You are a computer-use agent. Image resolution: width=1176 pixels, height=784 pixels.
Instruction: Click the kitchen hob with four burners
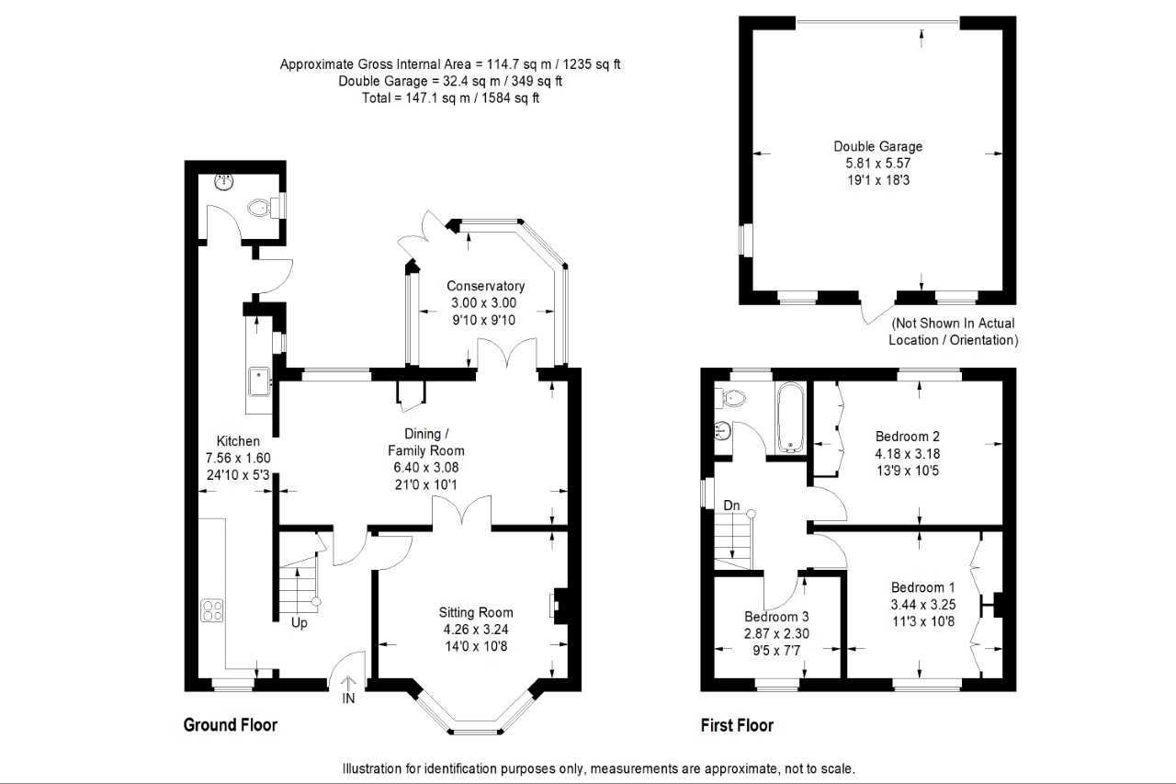tap(213, 611)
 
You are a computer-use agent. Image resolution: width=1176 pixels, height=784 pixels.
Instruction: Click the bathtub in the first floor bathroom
tap(791, 418)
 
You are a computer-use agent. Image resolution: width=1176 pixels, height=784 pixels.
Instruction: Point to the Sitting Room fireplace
tap(558, 606)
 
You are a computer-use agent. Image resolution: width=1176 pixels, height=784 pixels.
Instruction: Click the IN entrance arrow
tap(349, 690)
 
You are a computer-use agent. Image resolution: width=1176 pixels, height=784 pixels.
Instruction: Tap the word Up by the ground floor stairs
tap(300, 623)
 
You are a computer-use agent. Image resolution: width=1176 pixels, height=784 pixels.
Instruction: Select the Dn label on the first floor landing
tap(731, 506)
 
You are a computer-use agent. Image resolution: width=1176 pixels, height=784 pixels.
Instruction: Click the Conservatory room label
tap(485, 286)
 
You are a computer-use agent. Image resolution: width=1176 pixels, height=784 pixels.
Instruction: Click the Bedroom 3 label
tap(777, 616)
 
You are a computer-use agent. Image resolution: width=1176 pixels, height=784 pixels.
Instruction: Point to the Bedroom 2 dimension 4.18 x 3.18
tap(907, 453)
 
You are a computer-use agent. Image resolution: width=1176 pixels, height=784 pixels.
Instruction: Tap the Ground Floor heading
tap(231, 725)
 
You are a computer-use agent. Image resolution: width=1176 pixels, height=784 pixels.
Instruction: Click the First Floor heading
tap(736, 725)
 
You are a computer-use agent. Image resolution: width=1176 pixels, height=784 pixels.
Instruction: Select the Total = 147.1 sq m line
tap(450, 97)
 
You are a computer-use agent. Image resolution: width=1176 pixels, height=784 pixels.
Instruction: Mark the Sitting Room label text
tap(475, 612)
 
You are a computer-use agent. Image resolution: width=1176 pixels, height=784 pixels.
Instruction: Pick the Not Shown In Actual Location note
tap(954, 332)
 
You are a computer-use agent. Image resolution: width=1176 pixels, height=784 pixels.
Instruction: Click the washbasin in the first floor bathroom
tap(723, 429)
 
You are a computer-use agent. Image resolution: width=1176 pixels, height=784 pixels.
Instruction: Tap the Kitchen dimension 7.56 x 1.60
tap(237, 458)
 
